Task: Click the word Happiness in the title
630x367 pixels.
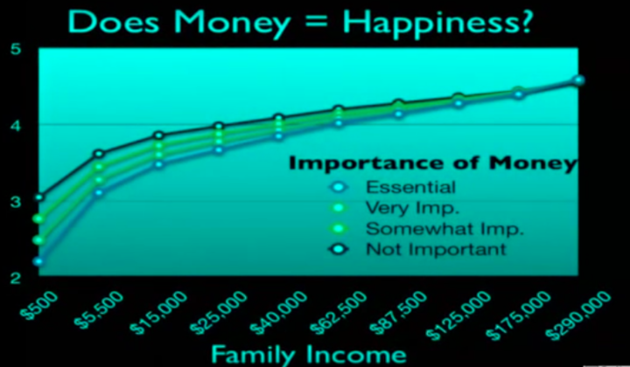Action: point(437,23)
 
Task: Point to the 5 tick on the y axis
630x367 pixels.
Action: point(16,51)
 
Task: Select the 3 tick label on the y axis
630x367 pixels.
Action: point(16,202)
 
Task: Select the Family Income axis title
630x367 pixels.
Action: point(309,354)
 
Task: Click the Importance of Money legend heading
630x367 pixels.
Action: point(433,163)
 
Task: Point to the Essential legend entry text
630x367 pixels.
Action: point(410,187)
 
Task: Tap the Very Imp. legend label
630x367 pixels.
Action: point(412,208)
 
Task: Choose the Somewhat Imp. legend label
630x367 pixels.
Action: point(444,229)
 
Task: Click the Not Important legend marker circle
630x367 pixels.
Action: point(339,250)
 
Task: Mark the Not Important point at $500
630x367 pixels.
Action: point(39,197)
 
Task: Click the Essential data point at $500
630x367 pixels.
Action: point(38,261)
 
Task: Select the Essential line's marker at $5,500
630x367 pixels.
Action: point(99,192)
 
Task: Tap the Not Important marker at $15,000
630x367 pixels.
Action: point(159,135)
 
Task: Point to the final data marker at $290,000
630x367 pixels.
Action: point(578,80)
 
